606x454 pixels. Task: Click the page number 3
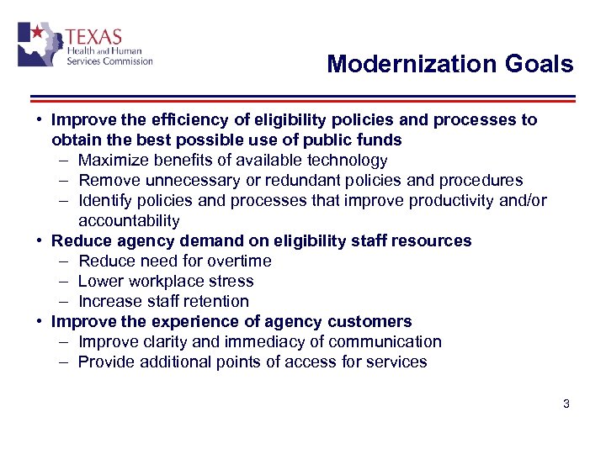[x=566, y=404]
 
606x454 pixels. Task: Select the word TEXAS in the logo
[x=93, y=38]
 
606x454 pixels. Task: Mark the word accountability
[x=129, y=221]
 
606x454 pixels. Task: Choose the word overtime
[x=240, y=261]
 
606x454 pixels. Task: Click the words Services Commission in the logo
[x=109, y=61]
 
